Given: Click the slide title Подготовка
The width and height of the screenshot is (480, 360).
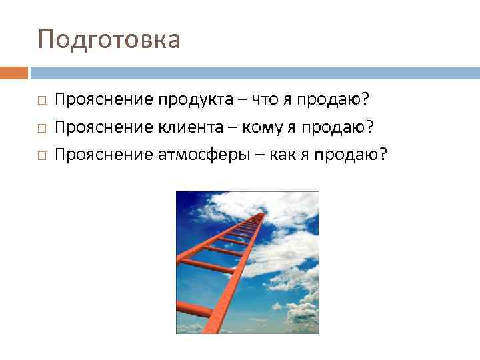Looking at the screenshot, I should click(x=109, y=40).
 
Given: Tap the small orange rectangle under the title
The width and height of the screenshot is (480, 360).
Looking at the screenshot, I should click(x=14, y=73).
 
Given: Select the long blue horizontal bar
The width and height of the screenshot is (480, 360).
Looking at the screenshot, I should click(x=255, y=73).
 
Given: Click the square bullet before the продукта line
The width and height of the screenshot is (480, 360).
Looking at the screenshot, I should click(x=41, y=101).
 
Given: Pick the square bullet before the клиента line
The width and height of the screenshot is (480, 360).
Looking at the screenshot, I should click(x=41, y=128).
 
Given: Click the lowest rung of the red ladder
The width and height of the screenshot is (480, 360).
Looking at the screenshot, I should click(x=193, y=309).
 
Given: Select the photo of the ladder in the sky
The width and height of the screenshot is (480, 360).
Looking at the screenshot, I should click(x=247, y=263).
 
